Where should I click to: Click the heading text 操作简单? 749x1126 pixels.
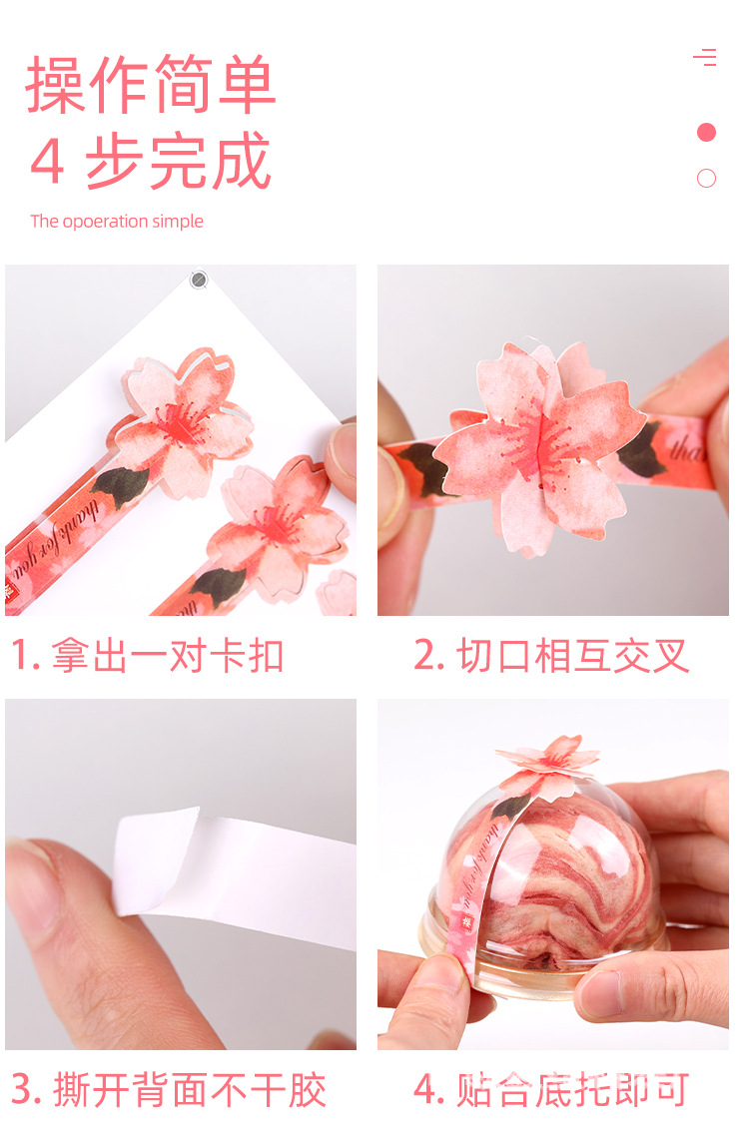pyautogui.click(x=150, y=84)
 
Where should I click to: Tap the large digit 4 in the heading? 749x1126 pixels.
pyautogui.click(x=47, y=162)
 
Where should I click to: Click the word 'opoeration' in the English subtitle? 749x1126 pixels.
pyautogui.click(x=105, y=222)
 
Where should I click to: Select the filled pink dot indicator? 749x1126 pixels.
pyautogui.click(x=706, y=132)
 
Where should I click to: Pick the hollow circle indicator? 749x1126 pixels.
pyautogui.click(x=706, y=179)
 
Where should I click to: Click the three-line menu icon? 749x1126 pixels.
pyautogui.click(x=705, y=57)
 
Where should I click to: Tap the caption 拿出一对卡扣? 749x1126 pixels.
pyautogui.click(x=168, y=656)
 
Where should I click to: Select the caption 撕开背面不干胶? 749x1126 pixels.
pyautogui.click(x=189, y=1090)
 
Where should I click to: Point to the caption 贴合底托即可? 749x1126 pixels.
pyautogui.click(x=573, y=1090)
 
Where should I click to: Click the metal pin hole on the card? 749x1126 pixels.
pyautogui.click(x=199, y=280)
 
